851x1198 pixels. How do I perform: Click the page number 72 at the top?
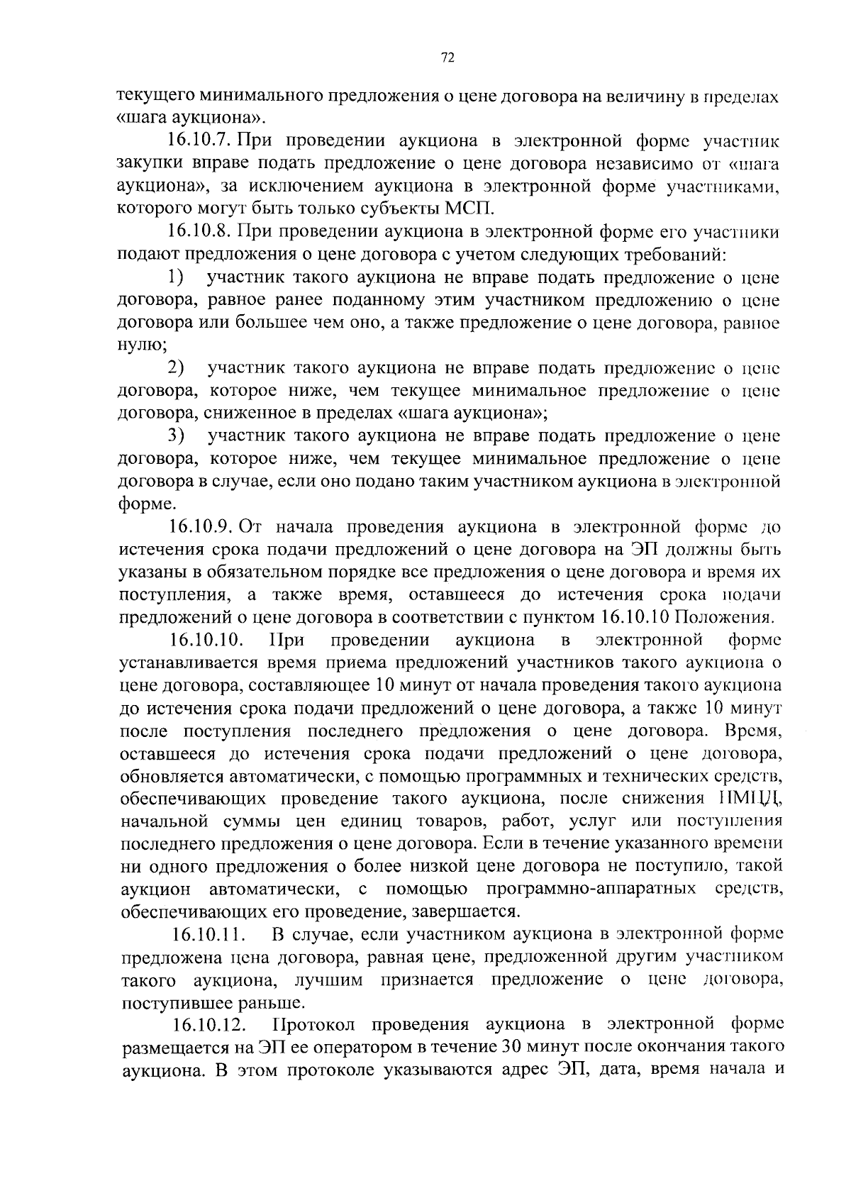point(447,59)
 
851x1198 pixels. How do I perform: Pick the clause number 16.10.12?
point(208,1026)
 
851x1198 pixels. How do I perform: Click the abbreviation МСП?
point(468,209)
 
